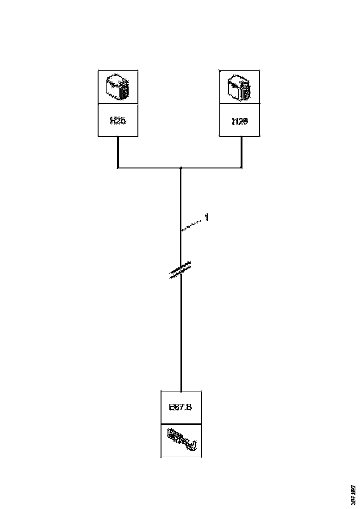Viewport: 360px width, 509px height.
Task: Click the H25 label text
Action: (x=118, y=121)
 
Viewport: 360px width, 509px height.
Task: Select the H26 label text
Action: (x=239, y=121)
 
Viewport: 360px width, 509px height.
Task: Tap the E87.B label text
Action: (x=180, y=408)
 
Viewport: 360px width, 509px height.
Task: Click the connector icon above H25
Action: (x=118, y=87)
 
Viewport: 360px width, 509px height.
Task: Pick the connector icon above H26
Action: (x=239, y=87)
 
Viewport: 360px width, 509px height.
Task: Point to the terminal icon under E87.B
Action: (x=181, y=440)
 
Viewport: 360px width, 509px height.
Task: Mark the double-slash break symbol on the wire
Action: (x=181, y=270)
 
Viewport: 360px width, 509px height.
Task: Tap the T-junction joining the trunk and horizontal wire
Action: (x=181, y=168)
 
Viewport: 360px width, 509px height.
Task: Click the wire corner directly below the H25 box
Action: (x=118, y=168)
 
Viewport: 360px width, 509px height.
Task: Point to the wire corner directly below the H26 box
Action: (x=242, y=168)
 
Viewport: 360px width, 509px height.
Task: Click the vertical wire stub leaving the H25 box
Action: (x=118, y=152)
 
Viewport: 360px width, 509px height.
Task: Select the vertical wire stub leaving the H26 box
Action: (x=242, y=152)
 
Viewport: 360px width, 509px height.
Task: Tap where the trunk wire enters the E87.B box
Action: (x=181, y=391)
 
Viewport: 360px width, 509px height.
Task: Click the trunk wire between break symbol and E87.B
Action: (x=181, y=333)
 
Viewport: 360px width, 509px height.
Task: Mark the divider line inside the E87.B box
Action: (x=181, y=424)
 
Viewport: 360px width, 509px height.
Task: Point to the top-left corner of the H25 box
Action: (x=99, y=71)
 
